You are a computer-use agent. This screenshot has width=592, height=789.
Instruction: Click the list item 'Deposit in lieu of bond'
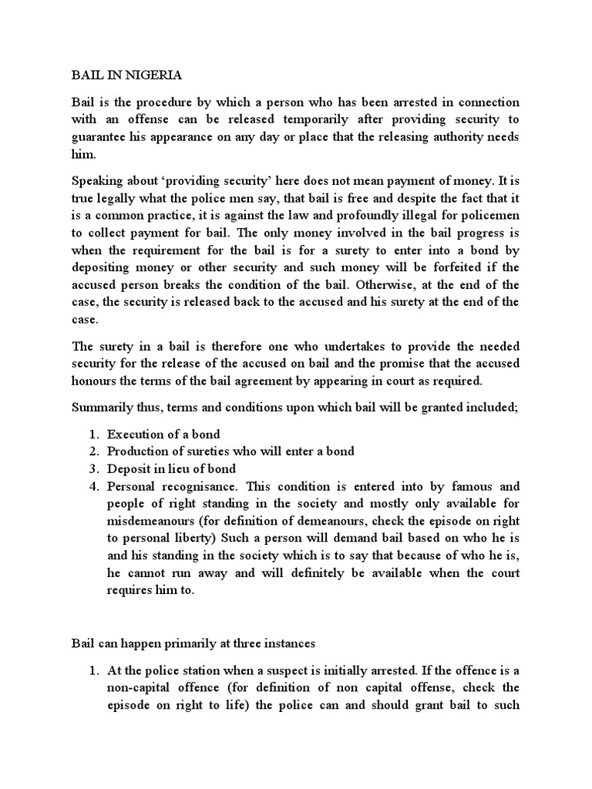point(171,468)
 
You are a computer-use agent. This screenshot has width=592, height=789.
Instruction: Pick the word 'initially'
point(374,670)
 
